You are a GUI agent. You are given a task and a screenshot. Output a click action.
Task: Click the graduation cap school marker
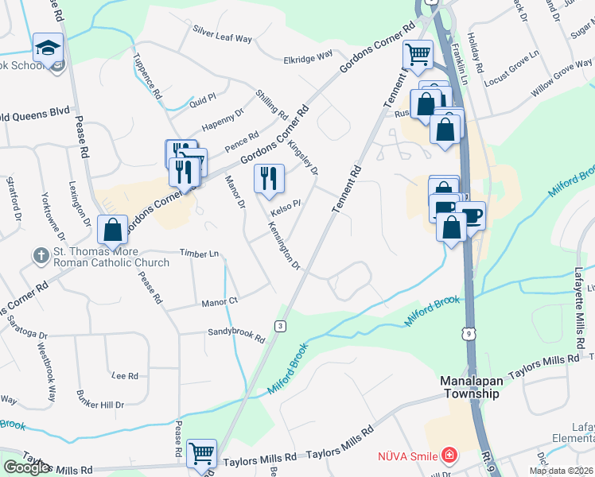(x=48, y=47)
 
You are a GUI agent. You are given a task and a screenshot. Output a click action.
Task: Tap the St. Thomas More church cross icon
(x=41, y=256)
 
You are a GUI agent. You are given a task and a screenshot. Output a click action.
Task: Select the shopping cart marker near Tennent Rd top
(x=418, y=55)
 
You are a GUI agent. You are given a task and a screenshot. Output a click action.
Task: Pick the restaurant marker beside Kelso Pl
(x=269, y=179)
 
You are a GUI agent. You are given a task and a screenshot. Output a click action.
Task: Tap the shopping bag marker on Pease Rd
(x=112, y=230)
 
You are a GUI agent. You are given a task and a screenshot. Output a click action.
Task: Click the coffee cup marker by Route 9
(x=471, y=215)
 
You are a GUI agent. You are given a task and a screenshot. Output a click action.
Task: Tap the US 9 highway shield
(x=471, y=334)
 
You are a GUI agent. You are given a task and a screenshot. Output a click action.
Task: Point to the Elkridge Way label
(x=309, y=58)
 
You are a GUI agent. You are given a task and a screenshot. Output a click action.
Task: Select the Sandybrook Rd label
(x=236, y=335)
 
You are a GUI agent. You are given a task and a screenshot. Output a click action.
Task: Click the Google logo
(x=26, y=467)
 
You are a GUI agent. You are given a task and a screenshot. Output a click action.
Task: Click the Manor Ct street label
(x=220, y=302)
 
